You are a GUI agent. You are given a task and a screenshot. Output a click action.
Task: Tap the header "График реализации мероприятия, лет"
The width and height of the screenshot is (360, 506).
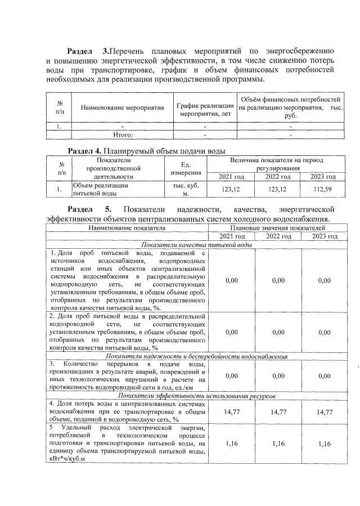coord(205,107)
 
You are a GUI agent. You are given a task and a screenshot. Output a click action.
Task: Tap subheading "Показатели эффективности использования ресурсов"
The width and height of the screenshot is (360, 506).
coord(196,396)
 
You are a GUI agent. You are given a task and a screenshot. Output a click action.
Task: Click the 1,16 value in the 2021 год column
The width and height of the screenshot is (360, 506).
coord(231,444)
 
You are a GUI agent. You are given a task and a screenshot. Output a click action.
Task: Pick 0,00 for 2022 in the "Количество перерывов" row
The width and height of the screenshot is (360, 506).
coord(278,375)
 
